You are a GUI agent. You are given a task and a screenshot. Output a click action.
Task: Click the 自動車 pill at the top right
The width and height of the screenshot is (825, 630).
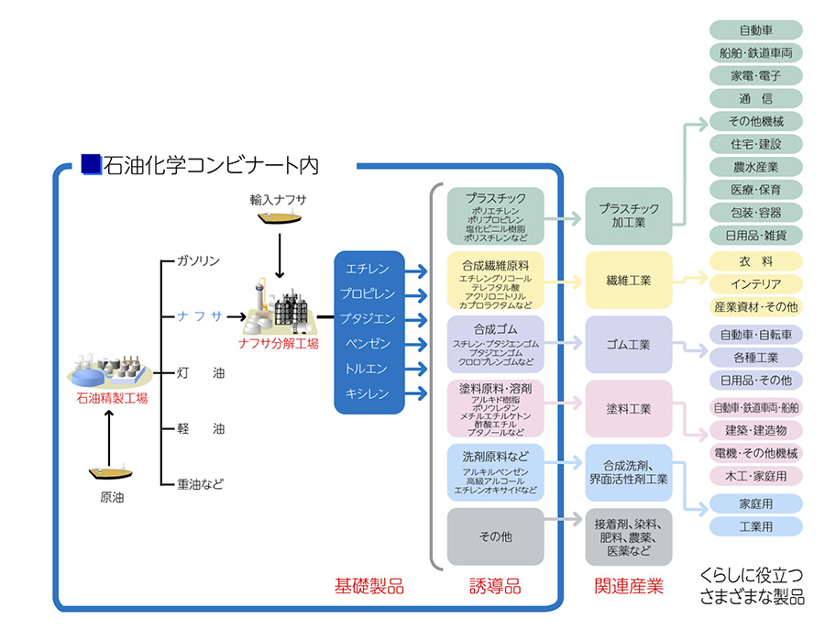coord(755,30)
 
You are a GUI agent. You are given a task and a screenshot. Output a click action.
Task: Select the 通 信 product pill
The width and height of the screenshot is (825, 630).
coord(755,98)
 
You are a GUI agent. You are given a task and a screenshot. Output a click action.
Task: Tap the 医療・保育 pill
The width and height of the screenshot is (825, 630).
coord(755,189)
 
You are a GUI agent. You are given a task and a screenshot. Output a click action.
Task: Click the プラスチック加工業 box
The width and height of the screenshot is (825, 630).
coord(629,216)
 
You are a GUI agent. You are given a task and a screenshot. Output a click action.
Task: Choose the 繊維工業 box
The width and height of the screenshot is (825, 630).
coord(629,281)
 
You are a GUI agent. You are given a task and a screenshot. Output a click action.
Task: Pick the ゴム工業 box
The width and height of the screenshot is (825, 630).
coord(629,345)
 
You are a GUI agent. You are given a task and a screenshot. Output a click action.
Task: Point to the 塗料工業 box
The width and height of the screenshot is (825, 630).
coord(629,408)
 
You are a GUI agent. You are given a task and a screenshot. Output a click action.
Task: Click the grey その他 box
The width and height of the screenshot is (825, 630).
coord(495,536)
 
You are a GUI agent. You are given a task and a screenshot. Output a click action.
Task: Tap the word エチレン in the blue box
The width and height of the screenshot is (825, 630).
coord(368,270)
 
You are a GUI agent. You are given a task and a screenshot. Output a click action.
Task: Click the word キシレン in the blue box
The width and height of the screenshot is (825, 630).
coord(368,393)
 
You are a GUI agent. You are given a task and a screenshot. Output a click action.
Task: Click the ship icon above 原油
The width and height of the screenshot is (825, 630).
coord(111,473)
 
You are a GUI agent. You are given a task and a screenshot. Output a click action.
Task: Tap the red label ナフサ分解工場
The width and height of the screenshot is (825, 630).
coord(278,344)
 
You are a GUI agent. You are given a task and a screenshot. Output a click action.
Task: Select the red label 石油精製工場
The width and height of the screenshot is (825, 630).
coord(112,398)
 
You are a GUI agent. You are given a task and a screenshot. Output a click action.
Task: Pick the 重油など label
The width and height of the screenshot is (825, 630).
coord(200,483)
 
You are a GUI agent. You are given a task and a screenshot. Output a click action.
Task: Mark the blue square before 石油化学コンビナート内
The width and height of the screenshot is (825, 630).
coord(90,163)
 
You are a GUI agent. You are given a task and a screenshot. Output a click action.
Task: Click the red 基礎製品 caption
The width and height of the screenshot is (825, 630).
coord(368,586)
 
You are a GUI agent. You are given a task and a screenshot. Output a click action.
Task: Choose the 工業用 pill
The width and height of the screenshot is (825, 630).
coord(755,526)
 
